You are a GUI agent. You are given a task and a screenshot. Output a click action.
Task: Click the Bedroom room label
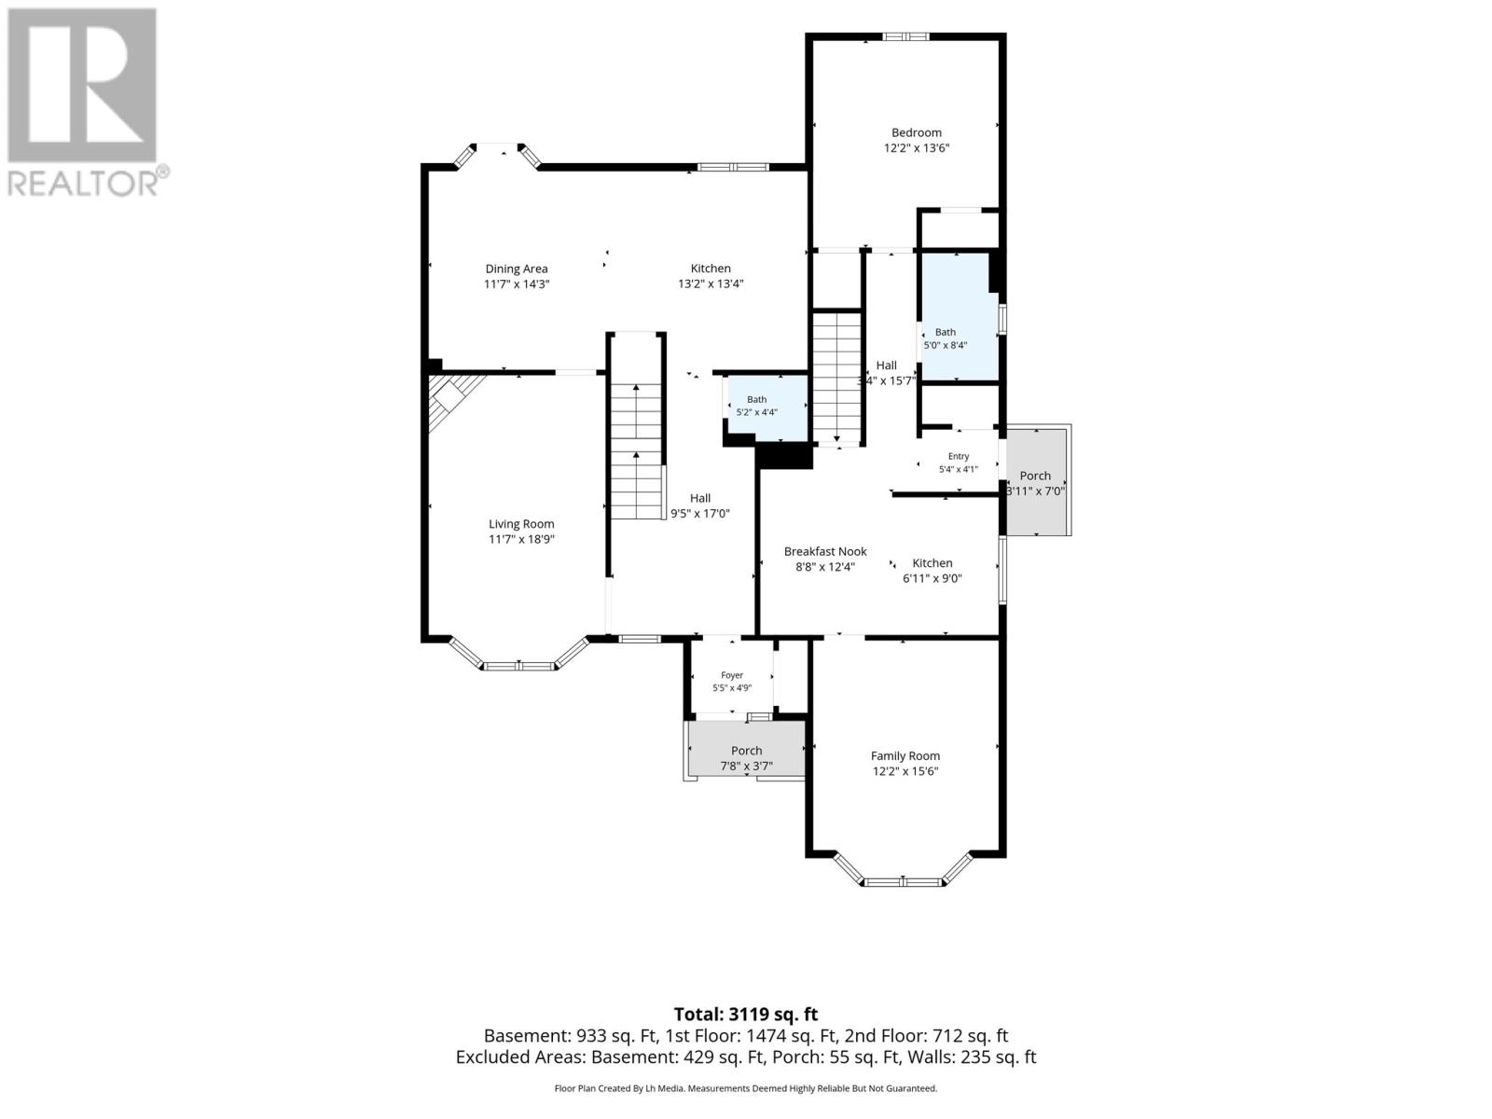coord(917,132)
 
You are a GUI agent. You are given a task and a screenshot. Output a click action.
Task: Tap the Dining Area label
coord(516,269)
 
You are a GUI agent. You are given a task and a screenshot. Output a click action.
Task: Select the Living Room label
coord(521,524)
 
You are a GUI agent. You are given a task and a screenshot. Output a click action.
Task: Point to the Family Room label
coord(905,755)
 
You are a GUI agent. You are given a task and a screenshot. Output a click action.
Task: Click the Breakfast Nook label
coord(825,551)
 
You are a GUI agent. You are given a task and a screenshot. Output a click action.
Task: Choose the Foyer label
coord(732,674)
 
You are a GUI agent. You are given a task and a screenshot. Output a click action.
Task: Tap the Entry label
coord(959,456)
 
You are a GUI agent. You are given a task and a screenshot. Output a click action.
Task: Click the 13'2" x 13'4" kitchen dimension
coord(711,284)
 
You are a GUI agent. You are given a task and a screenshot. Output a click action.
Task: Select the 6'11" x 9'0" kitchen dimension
coord(932,578)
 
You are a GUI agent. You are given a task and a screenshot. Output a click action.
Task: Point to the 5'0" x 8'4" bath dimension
coord(945,344)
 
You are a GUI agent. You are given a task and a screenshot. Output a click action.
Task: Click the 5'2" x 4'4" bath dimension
coord(756,412)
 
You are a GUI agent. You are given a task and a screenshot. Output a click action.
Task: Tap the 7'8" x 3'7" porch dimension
coord(746,767)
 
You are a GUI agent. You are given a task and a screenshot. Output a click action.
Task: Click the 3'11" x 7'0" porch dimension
coord(1035,490)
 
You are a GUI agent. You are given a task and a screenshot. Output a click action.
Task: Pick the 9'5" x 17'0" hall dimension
coord(700,514)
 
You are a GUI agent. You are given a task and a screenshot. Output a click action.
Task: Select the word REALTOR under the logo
coord(82,183)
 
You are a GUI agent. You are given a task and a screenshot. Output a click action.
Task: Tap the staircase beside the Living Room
coord(636,449)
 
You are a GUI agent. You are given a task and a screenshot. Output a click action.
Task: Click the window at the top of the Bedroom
coord(906,36)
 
